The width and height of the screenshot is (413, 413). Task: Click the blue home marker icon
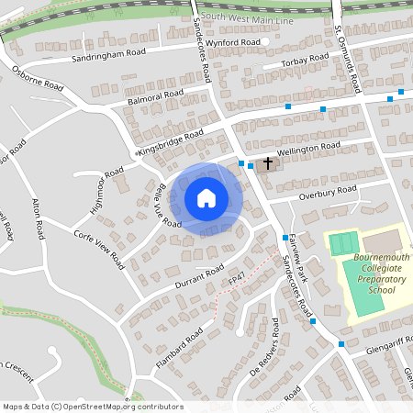pyautogui.click(x=206, y=197)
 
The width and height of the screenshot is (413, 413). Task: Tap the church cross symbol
pyautogui.click(x=269, y=164)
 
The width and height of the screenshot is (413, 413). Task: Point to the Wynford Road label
pyautogui.click(x=233, y=42)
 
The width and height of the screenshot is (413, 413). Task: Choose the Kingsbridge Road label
pyautogui.click(x=170, y=141)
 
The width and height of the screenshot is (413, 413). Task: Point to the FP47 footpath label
pyautogui.click(x=238, y=274)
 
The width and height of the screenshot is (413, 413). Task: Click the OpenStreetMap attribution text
pyautogui.click(x=92, y=407)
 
